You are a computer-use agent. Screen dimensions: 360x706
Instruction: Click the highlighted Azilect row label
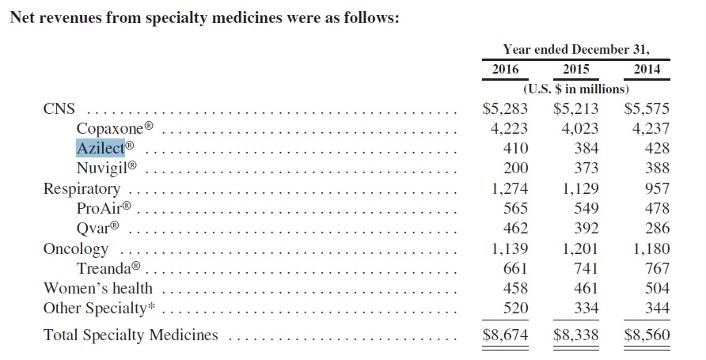(100, 148)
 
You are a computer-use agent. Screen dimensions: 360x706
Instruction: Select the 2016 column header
(505, 69)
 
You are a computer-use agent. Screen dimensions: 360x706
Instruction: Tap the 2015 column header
(575, 69)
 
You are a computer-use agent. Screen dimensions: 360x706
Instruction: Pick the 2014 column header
(647, 69)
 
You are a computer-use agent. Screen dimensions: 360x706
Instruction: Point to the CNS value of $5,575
(647, 108)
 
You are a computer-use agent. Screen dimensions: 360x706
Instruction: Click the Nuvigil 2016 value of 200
(515, 168)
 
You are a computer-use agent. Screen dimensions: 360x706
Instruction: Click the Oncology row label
(75, 248)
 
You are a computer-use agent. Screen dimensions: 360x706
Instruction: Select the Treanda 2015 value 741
(586, 269)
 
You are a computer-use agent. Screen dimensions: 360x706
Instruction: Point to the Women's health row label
(97, 289)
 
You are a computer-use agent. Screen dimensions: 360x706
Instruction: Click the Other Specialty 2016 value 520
(515, 309)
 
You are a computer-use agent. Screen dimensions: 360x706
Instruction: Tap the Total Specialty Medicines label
(130, 335)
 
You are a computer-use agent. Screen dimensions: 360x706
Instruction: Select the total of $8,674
(505, 335)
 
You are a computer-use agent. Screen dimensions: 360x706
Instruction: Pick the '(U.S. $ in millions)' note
(575, 88)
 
